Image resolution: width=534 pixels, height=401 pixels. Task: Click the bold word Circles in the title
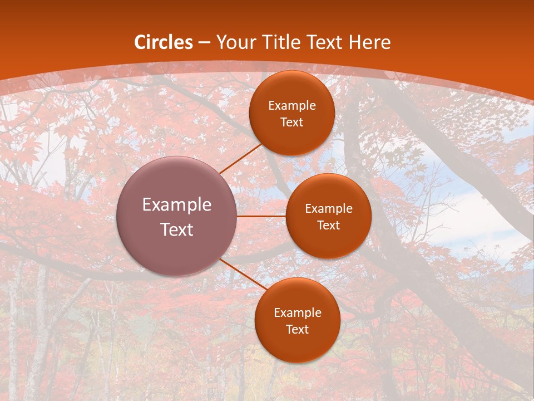[164, 42]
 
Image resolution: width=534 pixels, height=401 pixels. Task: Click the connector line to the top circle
[240, 158]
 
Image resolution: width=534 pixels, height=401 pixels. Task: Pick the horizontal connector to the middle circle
[261, 216]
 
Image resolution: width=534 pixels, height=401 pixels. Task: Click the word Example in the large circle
[177, 205]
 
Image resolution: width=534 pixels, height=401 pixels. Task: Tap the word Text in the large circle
[177, 229]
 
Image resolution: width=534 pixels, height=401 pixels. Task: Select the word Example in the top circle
[292, 106]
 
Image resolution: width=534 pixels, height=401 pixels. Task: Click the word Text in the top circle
[291, 123]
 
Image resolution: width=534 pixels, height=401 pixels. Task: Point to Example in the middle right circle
[329, 209]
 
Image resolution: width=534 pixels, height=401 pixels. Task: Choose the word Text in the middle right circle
[328, 226]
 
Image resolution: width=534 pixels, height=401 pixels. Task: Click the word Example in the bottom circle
[298, 313]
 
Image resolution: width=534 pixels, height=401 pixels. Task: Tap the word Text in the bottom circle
[297, 330]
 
